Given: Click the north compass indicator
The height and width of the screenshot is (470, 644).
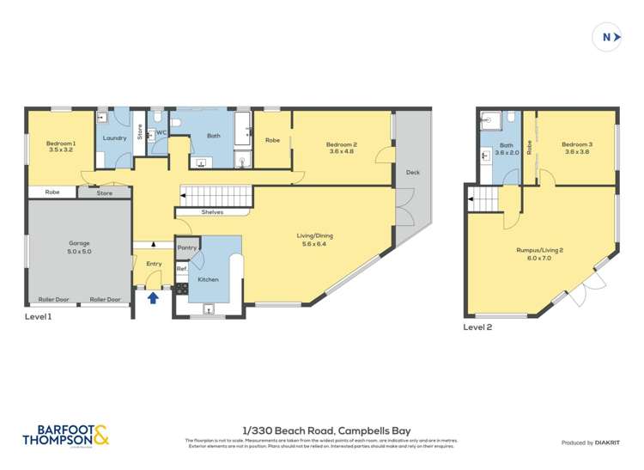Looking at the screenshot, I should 607,38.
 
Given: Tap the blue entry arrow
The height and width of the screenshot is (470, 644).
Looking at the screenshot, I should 154,298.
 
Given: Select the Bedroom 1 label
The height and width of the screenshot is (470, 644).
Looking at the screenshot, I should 61,143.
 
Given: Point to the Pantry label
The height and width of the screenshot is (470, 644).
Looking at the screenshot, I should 186,247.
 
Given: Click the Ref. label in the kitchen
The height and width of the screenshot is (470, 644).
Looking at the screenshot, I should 182,269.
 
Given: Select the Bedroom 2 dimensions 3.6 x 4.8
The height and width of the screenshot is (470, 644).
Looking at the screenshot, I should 341,151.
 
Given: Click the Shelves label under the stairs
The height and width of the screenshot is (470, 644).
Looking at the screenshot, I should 213,212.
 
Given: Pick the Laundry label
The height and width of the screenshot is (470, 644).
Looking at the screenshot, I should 114,137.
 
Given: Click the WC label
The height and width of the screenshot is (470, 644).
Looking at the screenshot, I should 161,132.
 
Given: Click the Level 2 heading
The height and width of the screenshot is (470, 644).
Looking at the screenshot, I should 480,327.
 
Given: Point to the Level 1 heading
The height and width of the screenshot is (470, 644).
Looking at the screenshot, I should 39,317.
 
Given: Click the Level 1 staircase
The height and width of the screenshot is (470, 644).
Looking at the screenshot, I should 216,195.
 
